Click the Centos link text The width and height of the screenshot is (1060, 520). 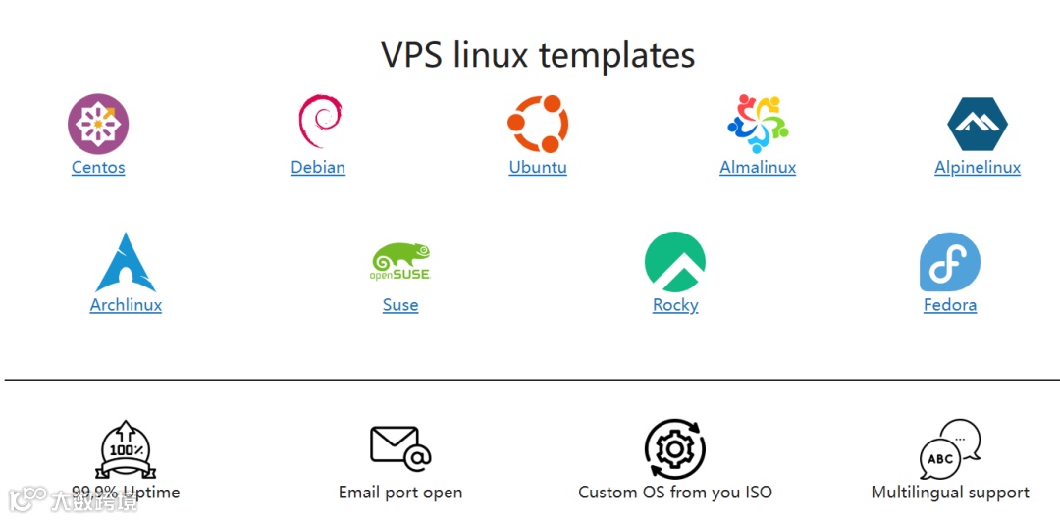98,167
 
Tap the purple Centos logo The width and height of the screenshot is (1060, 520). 98,124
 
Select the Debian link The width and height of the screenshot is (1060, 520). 318,167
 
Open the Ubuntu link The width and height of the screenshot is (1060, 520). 538,167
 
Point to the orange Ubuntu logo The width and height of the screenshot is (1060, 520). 538,124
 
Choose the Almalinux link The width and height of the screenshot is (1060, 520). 758,167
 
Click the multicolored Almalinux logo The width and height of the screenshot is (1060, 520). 758,124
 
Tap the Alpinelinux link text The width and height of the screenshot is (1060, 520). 978,167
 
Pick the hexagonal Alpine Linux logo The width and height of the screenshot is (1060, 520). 978,124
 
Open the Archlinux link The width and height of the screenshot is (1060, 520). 126,305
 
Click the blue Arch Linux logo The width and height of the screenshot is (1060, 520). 126,263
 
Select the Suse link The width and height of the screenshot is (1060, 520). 400,305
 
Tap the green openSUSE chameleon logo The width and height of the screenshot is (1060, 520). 400,262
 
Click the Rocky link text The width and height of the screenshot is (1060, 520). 675,305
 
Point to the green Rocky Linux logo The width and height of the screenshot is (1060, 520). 675,262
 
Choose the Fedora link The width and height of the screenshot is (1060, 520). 950,305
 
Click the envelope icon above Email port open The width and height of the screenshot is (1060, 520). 400,447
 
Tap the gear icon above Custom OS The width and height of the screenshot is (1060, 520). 675,449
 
